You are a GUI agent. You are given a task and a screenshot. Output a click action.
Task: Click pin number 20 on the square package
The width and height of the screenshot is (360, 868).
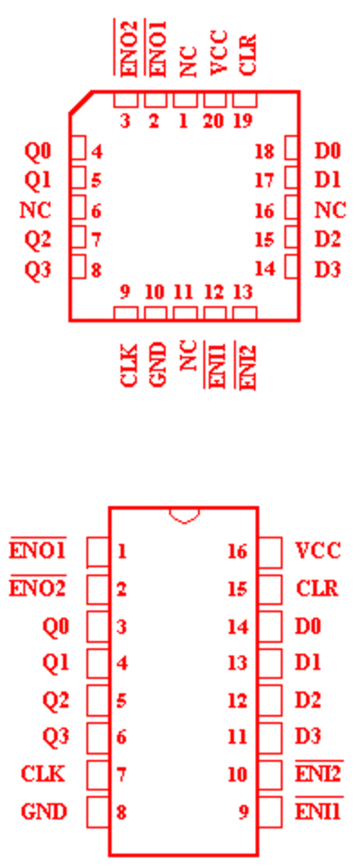click(x=213, y=120)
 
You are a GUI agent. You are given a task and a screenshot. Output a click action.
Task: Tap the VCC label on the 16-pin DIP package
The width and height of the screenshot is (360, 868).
click(x=318, y=551)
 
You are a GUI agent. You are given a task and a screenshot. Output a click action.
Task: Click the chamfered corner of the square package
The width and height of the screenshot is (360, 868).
click(x=81, y=103)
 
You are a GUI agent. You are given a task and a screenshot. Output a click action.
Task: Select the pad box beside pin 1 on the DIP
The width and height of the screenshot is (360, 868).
click(x=98, y=551)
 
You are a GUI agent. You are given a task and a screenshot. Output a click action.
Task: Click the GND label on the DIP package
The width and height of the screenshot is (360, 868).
click(x=44, y=811)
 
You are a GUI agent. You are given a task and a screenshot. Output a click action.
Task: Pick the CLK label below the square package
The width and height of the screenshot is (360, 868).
click(x=129, y=365)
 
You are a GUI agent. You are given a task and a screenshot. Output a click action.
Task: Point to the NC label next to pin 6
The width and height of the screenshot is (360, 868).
click(x=35, y=211)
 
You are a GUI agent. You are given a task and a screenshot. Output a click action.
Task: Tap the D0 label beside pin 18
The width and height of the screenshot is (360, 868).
click(x=328, y=150)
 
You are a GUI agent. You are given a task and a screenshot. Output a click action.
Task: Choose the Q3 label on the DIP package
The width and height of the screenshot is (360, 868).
click(x=56, y=737)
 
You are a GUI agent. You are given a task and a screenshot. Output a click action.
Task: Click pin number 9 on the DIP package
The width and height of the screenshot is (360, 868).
click(x=243, y=812)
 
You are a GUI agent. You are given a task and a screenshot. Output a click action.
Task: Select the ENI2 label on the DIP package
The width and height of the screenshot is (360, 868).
click(x=319, y=773)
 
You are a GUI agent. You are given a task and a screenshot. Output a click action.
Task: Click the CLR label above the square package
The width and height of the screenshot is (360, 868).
click(x=247, y=54)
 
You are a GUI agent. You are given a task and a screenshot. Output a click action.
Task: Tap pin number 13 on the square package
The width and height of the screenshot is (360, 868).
click(x=243, y=292)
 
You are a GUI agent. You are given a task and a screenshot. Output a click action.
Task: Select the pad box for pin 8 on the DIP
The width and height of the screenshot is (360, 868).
click(x=98, y=811)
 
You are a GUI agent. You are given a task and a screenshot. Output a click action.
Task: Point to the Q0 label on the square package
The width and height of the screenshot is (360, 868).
click(x=38, y=151)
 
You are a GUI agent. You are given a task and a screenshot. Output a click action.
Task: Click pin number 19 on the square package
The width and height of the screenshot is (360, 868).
click(x=243, y=120)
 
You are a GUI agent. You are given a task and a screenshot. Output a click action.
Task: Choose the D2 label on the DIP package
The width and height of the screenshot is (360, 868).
click(x=308, y=700)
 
